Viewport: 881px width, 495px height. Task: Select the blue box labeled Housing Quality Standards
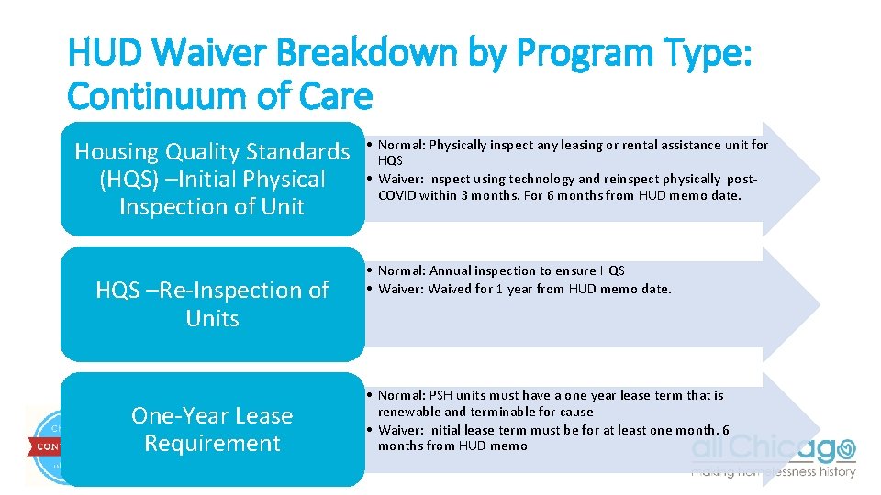[x=212, y=179]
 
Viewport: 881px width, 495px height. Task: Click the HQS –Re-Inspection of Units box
[x=212, y=303]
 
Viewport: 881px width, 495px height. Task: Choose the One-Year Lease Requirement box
[x=212, y=429]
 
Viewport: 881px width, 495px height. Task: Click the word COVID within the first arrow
[x=397, y=195]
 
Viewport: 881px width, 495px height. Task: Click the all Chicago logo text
[x=773, y=448]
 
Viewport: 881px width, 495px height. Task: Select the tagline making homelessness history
[x=773, y=472]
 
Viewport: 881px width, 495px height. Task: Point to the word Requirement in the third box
[x=212, y=443]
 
